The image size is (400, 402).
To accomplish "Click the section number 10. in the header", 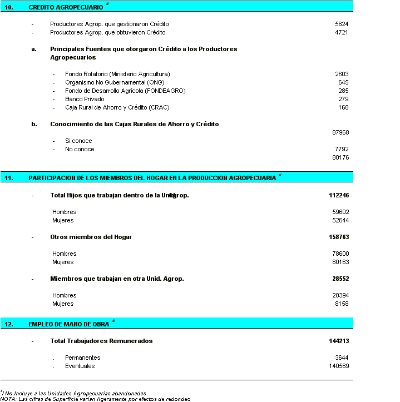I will tap(9, 7).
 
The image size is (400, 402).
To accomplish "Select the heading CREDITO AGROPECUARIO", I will tap(66, 7).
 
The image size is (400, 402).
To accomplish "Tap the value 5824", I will tap(342, 24).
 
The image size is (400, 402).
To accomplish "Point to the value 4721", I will tap(342, 33).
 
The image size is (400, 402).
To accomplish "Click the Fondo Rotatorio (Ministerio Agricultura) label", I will tap(117, 74).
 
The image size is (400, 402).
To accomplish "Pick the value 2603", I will tap(342, 74).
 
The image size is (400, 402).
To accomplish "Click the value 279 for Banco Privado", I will tap(343, 99).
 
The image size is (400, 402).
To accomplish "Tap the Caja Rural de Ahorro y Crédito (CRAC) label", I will tap(117, 107).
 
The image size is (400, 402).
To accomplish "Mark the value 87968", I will tap(340, 132).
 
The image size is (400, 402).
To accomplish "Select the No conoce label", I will tap(80, 149).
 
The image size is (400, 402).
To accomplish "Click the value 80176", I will tap(340, 157).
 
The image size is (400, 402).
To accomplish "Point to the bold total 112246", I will tap(339, 195).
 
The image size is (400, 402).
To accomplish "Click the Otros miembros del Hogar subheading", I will tap(91, 237).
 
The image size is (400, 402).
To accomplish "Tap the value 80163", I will tap(340, 262).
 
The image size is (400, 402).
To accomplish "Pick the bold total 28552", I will tap(340, 279).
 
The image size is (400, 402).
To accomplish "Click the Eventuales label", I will tap(80, 366).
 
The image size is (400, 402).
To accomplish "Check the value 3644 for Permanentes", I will tap(342, 358).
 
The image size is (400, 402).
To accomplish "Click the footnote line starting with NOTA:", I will tap(95, 399).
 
